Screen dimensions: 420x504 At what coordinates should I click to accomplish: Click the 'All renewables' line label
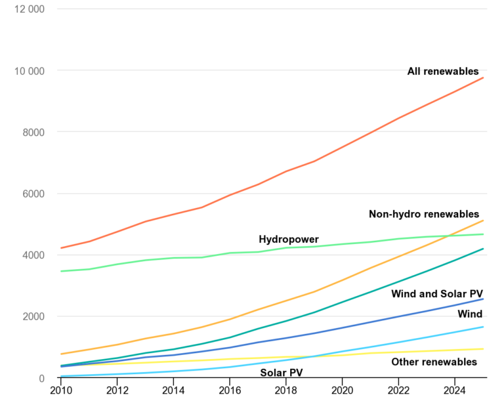(x=443, y=72)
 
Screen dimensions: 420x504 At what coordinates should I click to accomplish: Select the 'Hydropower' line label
(x=289, y=240)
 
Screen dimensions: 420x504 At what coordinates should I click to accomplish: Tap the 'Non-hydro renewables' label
(x=423, y=214)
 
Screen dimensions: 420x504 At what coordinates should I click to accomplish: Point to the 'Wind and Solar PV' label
(x=437, y=293)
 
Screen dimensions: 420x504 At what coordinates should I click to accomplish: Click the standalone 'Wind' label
(x=470, y=314)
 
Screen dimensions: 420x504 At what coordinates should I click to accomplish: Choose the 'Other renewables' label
(x=434, y=362)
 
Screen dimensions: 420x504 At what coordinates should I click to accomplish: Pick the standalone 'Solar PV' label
(x=281, y=373)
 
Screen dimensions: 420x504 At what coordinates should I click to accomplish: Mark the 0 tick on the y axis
(x=41, y=379)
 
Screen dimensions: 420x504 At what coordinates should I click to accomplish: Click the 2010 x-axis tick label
(x=61, y=391)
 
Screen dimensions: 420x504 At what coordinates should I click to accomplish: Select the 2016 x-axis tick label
(x=230, y=391)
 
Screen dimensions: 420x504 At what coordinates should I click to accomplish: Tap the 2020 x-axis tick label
(x=342, y=391)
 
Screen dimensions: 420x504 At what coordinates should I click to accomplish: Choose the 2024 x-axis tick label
(x=454, y=391)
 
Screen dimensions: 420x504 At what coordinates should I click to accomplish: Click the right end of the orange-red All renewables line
(x=483, y=78)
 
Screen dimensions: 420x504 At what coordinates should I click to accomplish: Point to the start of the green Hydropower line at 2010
(x=61, y=271)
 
